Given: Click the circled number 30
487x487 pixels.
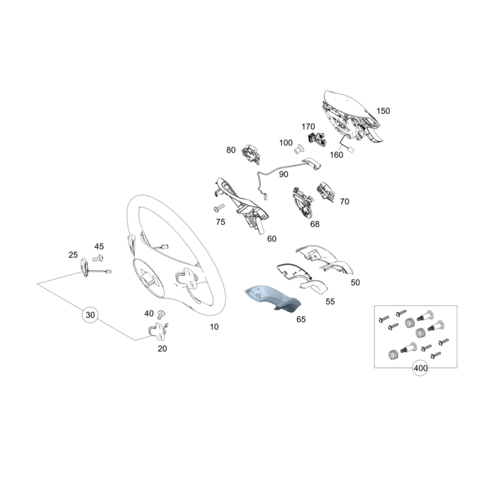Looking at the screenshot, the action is pyautogui.click(x=90, y=315).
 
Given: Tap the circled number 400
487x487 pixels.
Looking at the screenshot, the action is pyautogui.click(x=420, y=368).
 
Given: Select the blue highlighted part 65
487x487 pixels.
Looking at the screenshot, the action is pyautogui.click(x=273, y=298).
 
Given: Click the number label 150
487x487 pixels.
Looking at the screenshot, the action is pyautogui.click(x=383, y=111).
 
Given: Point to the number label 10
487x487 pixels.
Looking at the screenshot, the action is pyautogui.click(x=214, y=327).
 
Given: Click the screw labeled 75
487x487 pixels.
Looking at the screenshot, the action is pyautogui.click(x=219, y=208).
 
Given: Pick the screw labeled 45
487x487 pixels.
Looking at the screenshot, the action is pyautogui.click(x=98, y=258).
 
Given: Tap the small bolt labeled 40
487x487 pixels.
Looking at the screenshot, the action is pyautogui.click(x=161, y=315).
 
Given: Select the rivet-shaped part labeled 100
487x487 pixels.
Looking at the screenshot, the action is pyautogui.click(x=298, y=150).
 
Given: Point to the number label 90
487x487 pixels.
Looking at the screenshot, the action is pyautogui.click(x=283, y=174).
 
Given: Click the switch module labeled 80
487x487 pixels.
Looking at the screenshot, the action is pyautogui.click(x=251, y=153).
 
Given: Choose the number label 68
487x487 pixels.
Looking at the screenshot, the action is pyautogui.click(x=315, y=224).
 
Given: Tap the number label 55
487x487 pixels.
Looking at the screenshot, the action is pyautogui.click(x=330, y=301).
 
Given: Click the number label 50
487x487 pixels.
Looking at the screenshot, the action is pyautogui.click(x=356, y=282).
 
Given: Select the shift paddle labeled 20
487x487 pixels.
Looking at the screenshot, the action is pyautogui.click(x=157, y=330).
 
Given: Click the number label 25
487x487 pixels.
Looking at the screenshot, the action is pyautogui.click(x=73, y=254).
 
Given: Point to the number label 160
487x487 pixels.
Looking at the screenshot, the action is pyautogui.click(x=337, y=155).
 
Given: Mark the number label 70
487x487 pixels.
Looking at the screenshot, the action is pyautogui.click(x=345, y=201).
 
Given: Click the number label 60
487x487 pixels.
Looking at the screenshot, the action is pyautogui.click(x=272, y=239).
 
